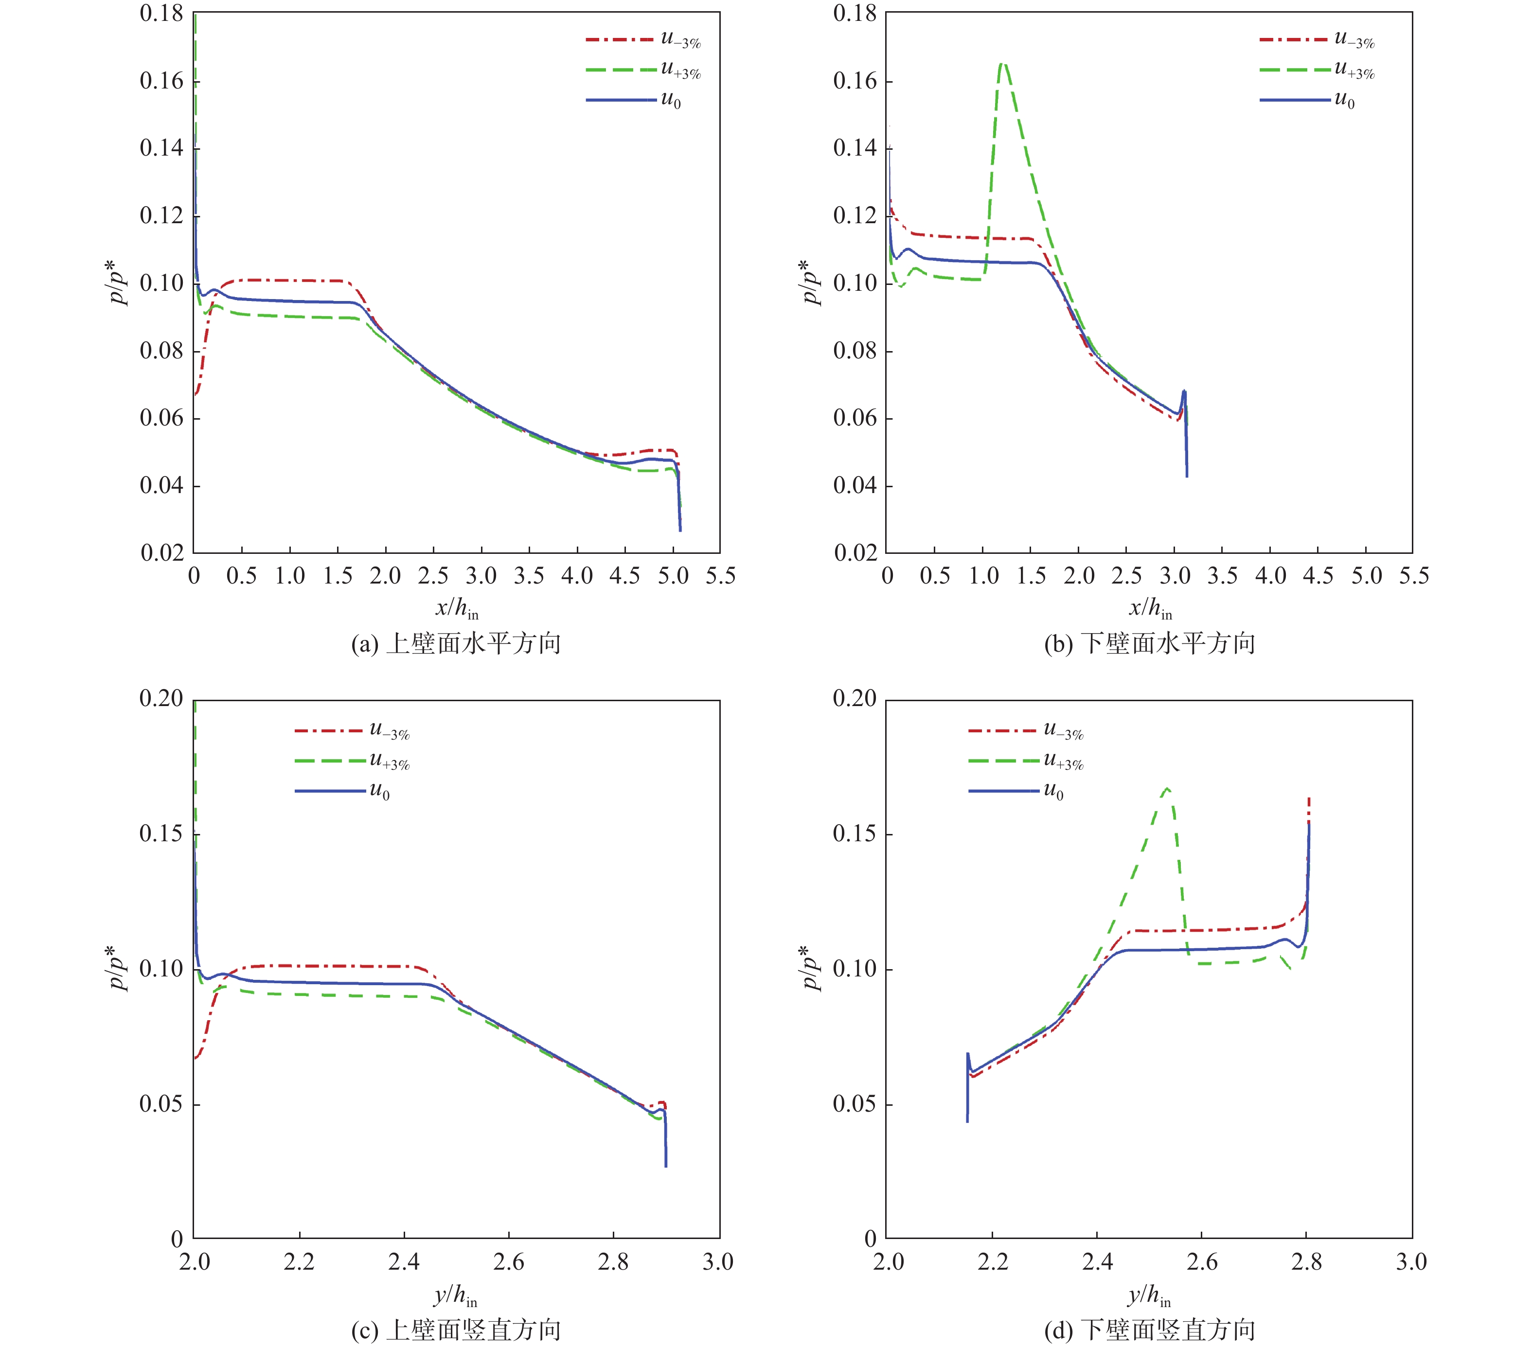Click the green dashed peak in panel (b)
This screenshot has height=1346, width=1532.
(1003, 64)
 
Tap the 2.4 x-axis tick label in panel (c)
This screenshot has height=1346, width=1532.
(404, 1262)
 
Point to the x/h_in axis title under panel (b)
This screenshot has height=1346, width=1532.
(1150, 608)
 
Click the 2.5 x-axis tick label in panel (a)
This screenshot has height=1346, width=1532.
(433, 576)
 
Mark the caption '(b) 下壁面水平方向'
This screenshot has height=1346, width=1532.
(1150, 643)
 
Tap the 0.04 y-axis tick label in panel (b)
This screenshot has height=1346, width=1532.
(855, 486)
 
